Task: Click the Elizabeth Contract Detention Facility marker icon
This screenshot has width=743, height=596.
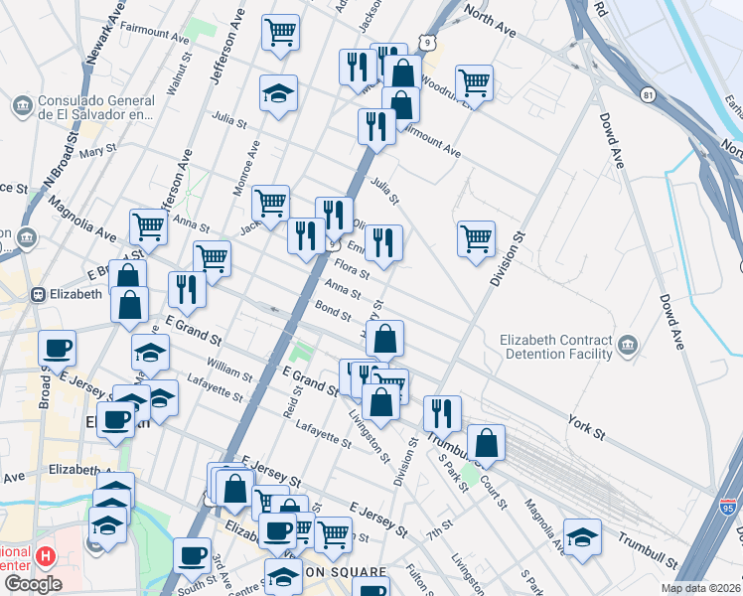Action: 628,346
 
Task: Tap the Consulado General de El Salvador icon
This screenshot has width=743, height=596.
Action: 21,104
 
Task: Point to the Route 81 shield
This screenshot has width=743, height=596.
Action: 649,94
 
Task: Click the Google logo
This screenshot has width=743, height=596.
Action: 33,584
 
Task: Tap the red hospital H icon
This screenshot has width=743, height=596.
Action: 44,553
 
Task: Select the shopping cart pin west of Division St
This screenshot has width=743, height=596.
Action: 477,238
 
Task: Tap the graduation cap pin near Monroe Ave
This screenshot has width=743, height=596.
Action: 279,93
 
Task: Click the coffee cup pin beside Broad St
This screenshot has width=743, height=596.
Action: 57,348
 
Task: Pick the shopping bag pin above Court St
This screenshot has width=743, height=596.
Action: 486,442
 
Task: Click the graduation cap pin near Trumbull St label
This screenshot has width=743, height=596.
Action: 582,536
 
